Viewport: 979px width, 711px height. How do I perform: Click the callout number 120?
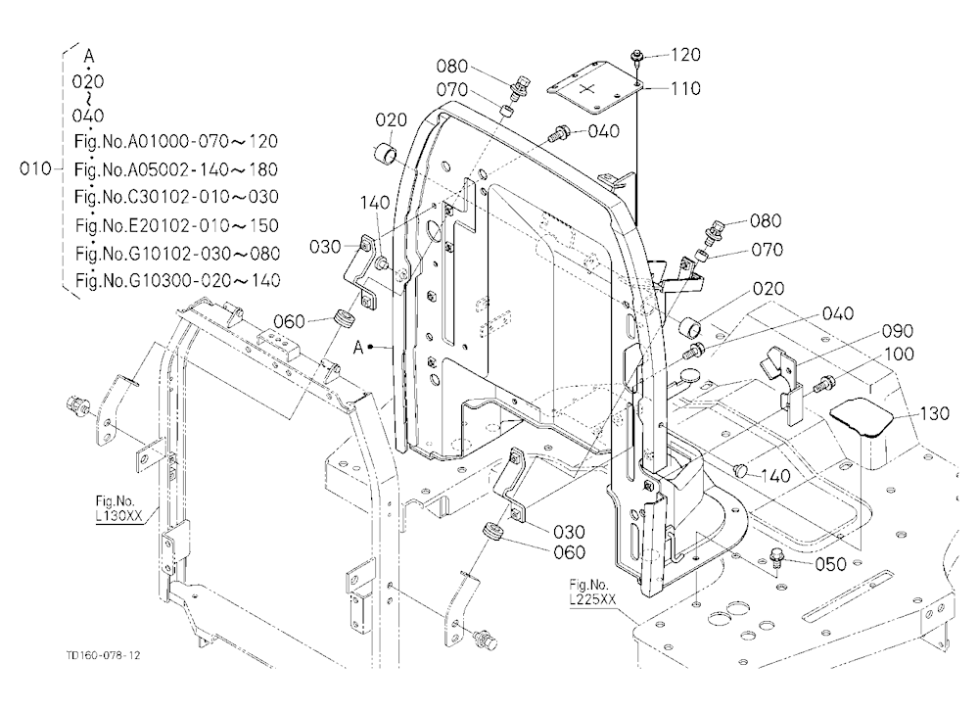(x=685, y=55)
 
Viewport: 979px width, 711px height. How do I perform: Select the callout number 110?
(x=685, y=89)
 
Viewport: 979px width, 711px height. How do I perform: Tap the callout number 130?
(x=934, y=413)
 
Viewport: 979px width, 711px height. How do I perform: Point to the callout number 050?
(x=830, y=564)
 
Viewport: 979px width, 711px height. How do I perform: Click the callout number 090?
(x=897, y=331)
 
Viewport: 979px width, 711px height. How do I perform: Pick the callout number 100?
(x=899, y=355)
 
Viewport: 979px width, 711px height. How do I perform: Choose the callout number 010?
(x=35, y=168)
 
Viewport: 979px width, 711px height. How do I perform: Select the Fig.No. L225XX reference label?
(x=592, y=592)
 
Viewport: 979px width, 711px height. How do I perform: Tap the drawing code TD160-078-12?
(x=103, y=655)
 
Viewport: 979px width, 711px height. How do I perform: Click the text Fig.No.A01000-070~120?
(x=175, y=142)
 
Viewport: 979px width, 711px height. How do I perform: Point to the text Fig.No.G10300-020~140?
(x=177, y=280)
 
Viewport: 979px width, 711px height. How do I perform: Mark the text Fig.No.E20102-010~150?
(x=176, y=225)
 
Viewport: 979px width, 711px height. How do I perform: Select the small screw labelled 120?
(x=637, y=59)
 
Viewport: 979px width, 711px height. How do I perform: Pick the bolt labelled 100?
(x=823, y=383)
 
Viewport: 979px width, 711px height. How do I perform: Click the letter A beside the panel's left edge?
(x=358, y=348)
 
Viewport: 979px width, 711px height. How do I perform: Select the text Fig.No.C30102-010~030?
(x=176, y=197)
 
